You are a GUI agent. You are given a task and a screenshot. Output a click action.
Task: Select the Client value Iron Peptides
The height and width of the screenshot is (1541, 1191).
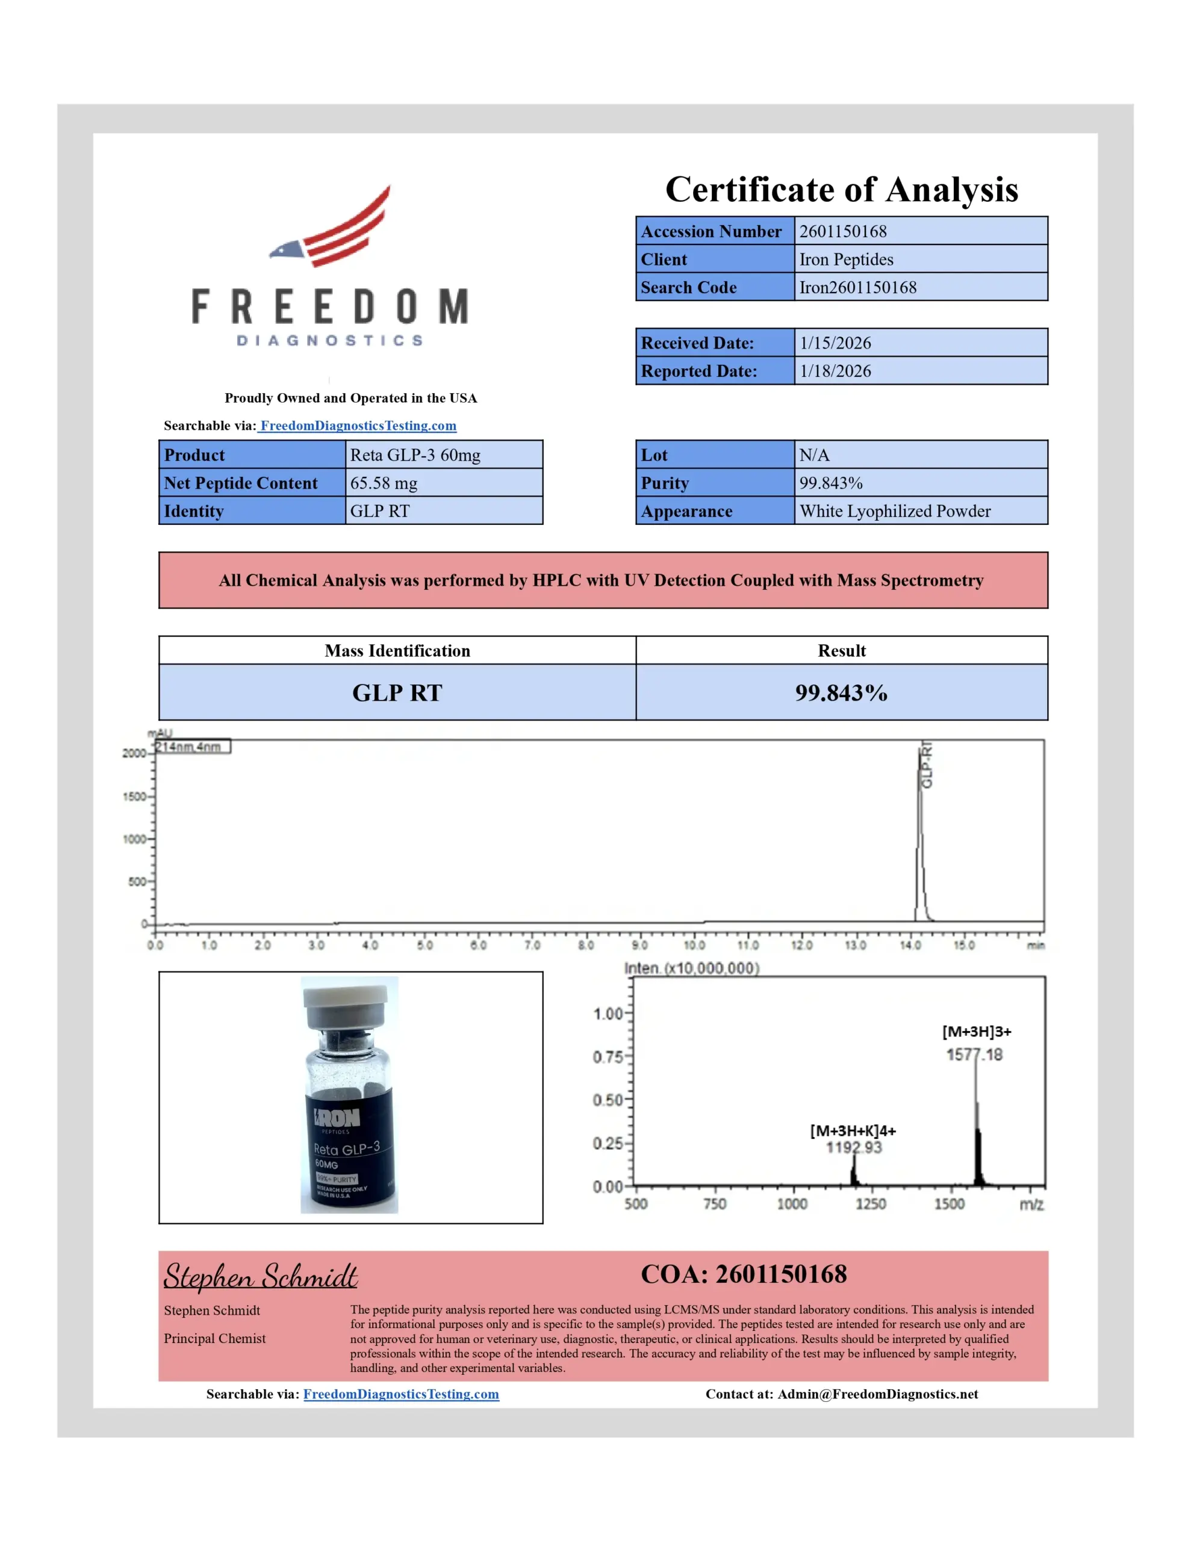point(846,259)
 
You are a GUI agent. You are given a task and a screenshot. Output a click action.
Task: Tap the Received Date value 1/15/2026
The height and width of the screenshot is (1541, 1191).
point(835,343)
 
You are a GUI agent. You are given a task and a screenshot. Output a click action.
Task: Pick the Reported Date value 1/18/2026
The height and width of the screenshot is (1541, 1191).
point(835,371)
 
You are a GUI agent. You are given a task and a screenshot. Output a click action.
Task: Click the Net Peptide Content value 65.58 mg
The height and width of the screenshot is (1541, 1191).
point(384,483)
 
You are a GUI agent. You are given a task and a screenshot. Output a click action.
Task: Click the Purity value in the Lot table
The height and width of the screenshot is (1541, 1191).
point(830,483)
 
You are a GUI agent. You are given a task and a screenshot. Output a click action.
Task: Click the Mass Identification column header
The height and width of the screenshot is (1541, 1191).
point(397,651)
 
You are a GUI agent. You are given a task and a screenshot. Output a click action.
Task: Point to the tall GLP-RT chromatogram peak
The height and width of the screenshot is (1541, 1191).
point(920,833)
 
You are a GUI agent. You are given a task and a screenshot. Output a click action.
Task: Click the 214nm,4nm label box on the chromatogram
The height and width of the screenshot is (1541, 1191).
point(192,746)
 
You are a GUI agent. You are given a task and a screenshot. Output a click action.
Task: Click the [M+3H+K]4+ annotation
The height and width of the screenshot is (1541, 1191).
point(853,1131)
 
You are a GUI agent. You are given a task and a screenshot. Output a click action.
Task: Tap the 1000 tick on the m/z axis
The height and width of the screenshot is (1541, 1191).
point(792,1205)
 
